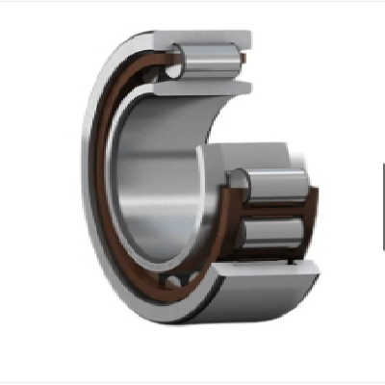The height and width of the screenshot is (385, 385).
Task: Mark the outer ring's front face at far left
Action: tap(89, 173)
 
